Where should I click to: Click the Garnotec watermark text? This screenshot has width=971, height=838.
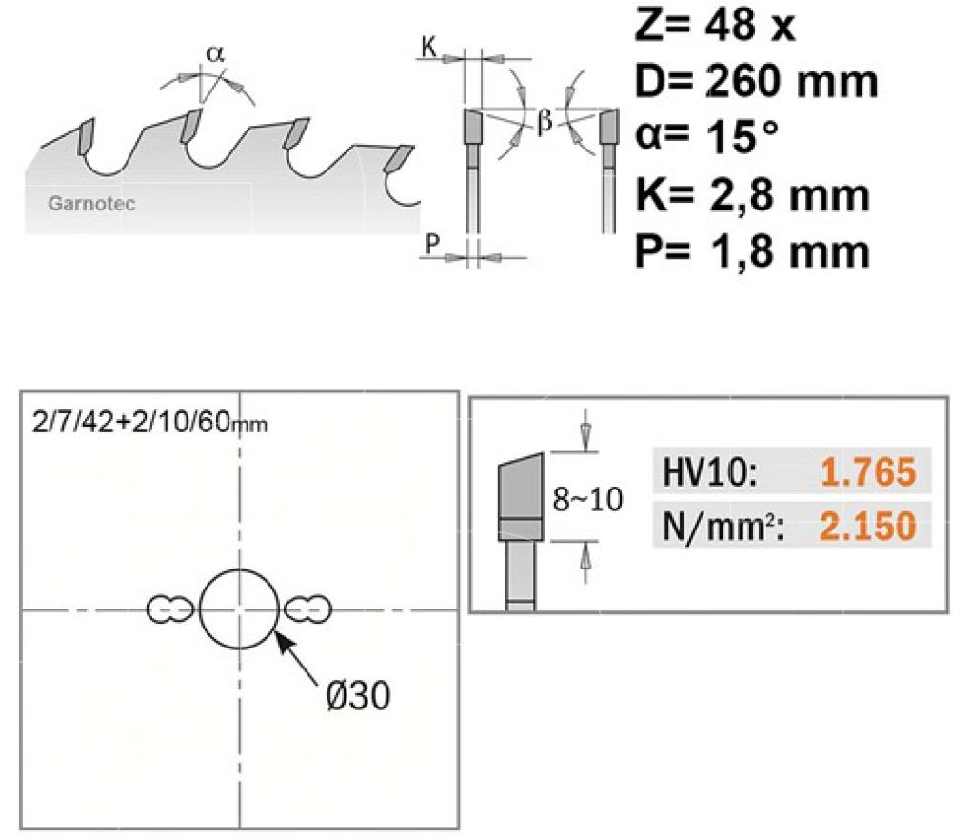tap(91, 204)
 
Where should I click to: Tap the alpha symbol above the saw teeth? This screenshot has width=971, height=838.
tap(215, 54)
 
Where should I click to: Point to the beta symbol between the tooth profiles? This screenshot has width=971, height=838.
tap(545, 120)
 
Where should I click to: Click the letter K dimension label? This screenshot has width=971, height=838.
tap(429, 46)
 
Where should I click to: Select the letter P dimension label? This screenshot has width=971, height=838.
tap(432, 243)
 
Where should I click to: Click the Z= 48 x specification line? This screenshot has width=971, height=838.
tap(715, 25)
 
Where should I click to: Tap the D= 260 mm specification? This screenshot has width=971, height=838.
tap(757, 81)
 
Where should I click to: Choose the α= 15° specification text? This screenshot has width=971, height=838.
tap(706, 136)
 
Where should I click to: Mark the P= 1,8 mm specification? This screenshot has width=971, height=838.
tap(753, 251)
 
